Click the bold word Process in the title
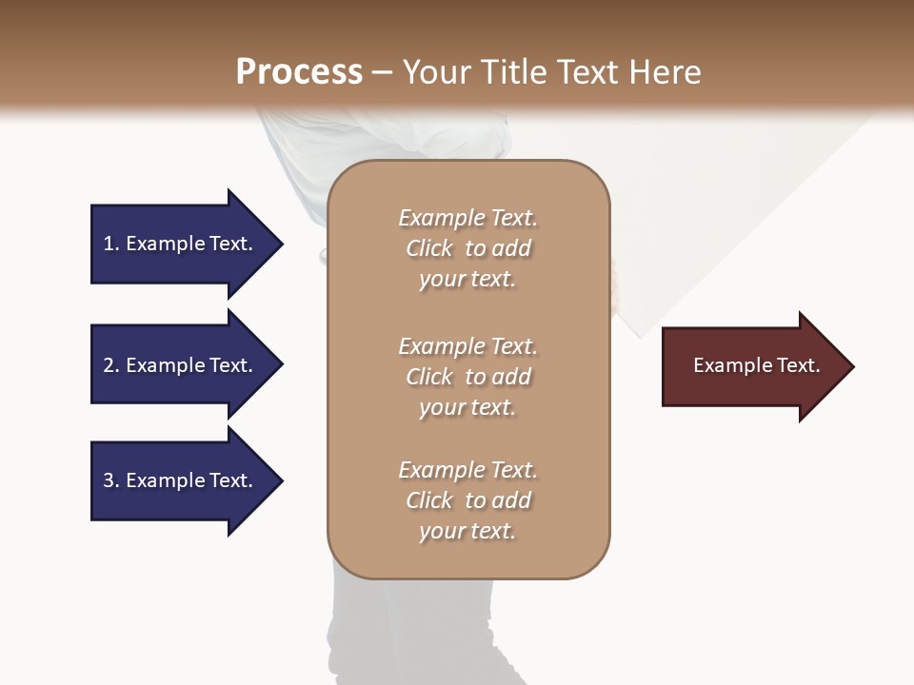[x=299, y=72]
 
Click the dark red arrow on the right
[x=752, y=366]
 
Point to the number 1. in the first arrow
[x=111, y=244]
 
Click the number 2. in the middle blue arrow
[x=111, y=365]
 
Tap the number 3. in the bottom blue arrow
[x=111, y=480]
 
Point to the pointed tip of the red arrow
[x=852, y=366]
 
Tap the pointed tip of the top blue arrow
[x=281, y=244]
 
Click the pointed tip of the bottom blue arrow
[x=281, y=480]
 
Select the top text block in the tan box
[x=467, y=248]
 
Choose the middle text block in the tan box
[x=467, y=377]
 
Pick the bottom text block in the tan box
[x=467, y=500]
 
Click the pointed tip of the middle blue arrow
[x=281, y=365]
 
